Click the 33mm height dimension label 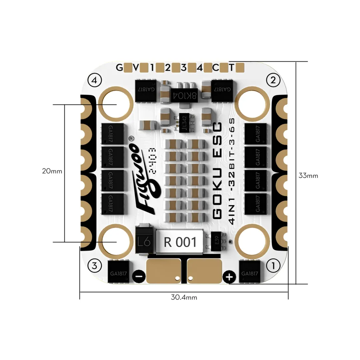pyautogui.click(x=308, y=176)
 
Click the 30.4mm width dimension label pyautogui.click(x=184, y=297)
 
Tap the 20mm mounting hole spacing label pyautogui.click(x=52, y=171)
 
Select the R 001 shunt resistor pyautogui.click(x=180, y=242)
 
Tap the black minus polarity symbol pyautogui.click(x=138, y=276)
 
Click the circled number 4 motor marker pyautogui.click(x=94, y=80)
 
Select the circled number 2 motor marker pyautogui.click(x=273, y=80)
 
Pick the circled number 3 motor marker pyautogui.click(x=94, y=266)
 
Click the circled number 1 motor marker pyautogui.click(x=273, y=266)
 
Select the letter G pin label pyautogui.click(x=119, y=68)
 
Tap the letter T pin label pyautogui.click(x=231, y=68)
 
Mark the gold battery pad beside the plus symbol pyautogui.click(x=204, y=270)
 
